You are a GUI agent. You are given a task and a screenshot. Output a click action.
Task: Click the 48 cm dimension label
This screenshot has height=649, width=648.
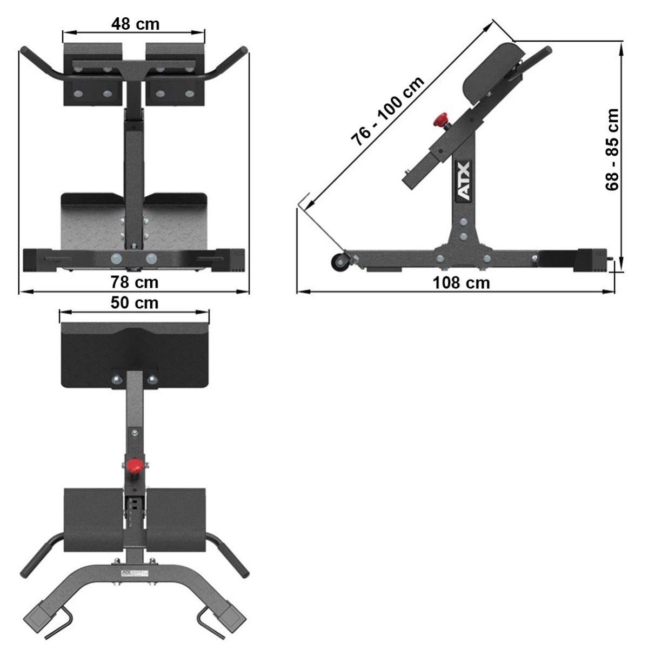[135, 24]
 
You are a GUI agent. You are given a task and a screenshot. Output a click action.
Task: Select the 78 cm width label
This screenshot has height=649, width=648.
[135, 282]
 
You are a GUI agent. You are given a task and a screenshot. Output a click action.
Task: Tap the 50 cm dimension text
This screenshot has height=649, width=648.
[135, 303]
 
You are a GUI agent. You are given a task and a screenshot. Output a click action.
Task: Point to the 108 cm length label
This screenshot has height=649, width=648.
[461, 283]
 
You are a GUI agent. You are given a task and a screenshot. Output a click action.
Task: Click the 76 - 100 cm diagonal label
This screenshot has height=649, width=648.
[388, 112]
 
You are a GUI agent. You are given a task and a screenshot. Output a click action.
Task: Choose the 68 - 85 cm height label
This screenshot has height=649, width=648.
[612, 150]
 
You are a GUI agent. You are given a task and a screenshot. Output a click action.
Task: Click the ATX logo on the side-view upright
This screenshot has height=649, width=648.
[464, 181]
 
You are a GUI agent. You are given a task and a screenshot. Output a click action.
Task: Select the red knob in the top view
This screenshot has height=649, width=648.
[134, 465]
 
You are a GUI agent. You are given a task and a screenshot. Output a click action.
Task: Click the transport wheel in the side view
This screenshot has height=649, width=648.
[339, 261]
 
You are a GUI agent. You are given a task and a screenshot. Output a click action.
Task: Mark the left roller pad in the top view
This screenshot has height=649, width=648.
[94, 519]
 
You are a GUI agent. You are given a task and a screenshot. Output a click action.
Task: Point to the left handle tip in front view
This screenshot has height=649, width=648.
[25, 51]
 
